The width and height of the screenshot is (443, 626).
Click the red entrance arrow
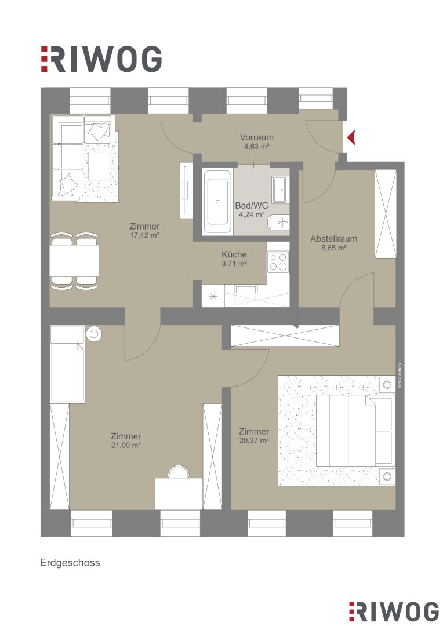351,138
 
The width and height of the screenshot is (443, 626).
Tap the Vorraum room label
256,137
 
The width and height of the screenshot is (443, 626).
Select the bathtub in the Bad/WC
217,202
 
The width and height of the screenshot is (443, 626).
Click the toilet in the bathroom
278,222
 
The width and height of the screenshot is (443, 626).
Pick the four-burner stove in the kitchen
278,262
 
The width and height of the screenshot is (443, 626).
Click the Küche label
234,254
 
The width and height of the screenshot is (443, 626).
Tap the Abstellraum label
333,239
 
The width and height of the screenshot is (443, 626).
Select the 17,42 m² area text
144,235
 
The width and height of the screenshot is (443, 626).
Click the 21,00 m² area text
126,445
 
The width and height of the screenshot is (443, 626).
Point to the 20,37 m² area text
253,441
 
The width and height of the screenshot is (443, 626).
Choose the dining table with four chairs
74,261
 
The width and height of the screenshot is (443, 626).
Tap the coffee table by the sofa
99,166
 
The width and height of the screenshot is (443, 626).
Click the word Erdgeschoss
70,562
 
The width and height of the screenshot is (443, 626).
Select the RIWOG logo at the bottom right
394,612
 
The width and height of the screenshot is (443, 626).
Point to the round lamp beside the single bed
94,334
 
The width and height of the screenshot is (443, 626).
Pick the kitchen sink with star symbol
213,296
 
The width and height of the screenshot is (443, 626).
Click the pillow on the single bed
67,334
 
